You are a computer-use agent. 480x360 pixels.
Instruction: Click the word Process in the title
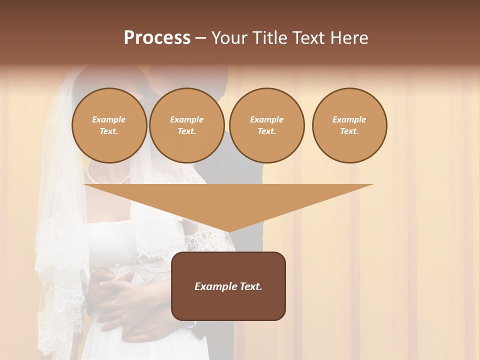(157, 38)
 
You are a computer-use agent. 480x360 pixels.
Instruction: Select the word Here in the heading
(350, 38)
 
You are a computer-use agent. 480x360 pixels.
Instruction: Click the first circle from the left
(109, 125)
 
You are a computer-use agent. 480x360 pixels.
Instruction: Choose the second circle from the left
(187, 125)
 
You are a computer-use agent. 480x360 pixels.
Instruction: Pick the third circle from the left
(266, 125)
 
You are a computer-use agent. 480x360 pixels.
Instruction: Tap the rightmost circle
(349, 125)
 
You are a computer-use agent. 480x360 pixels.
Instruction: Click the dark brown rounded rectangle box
(228, 286)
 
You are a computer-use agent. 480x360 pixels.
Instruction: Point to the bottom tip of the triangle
(228, 231)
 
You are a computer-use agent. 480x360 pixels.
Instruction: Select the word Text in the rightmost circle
(349, 131)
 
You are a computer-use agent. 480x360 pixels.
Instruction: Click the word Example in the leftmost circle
(109, 119)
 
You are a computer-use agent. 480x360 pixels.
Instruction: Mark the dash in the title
(200, 38)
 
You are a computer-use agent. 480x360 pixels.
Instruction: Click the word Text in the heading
(308, 38)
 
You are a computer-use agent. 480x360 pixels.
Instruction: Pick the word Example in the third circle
(266, 119)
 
